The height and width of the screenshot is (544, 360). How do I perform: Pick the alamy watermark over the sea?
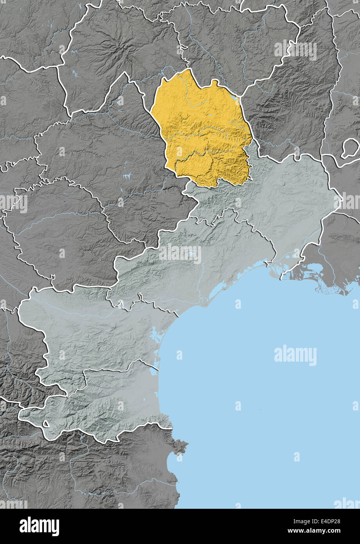click(295, 355)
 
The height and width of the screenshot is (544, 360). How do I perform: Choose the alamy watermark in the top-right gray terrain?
click(295, 50)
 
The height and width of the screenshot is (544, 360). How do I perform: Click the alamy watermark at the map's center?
click(180, 254)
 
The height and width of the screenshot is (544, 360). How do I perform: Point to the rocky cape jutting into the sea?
click(181, 446)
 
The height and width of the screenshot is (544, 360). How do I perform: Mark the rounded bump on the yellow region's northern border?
click(214, 83)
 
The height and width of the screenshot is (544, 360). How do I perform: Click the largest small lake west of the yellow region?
click(127, 177)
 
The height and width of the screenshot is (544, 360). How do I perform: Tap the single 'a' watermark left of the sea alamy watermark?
click(179, 355)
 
